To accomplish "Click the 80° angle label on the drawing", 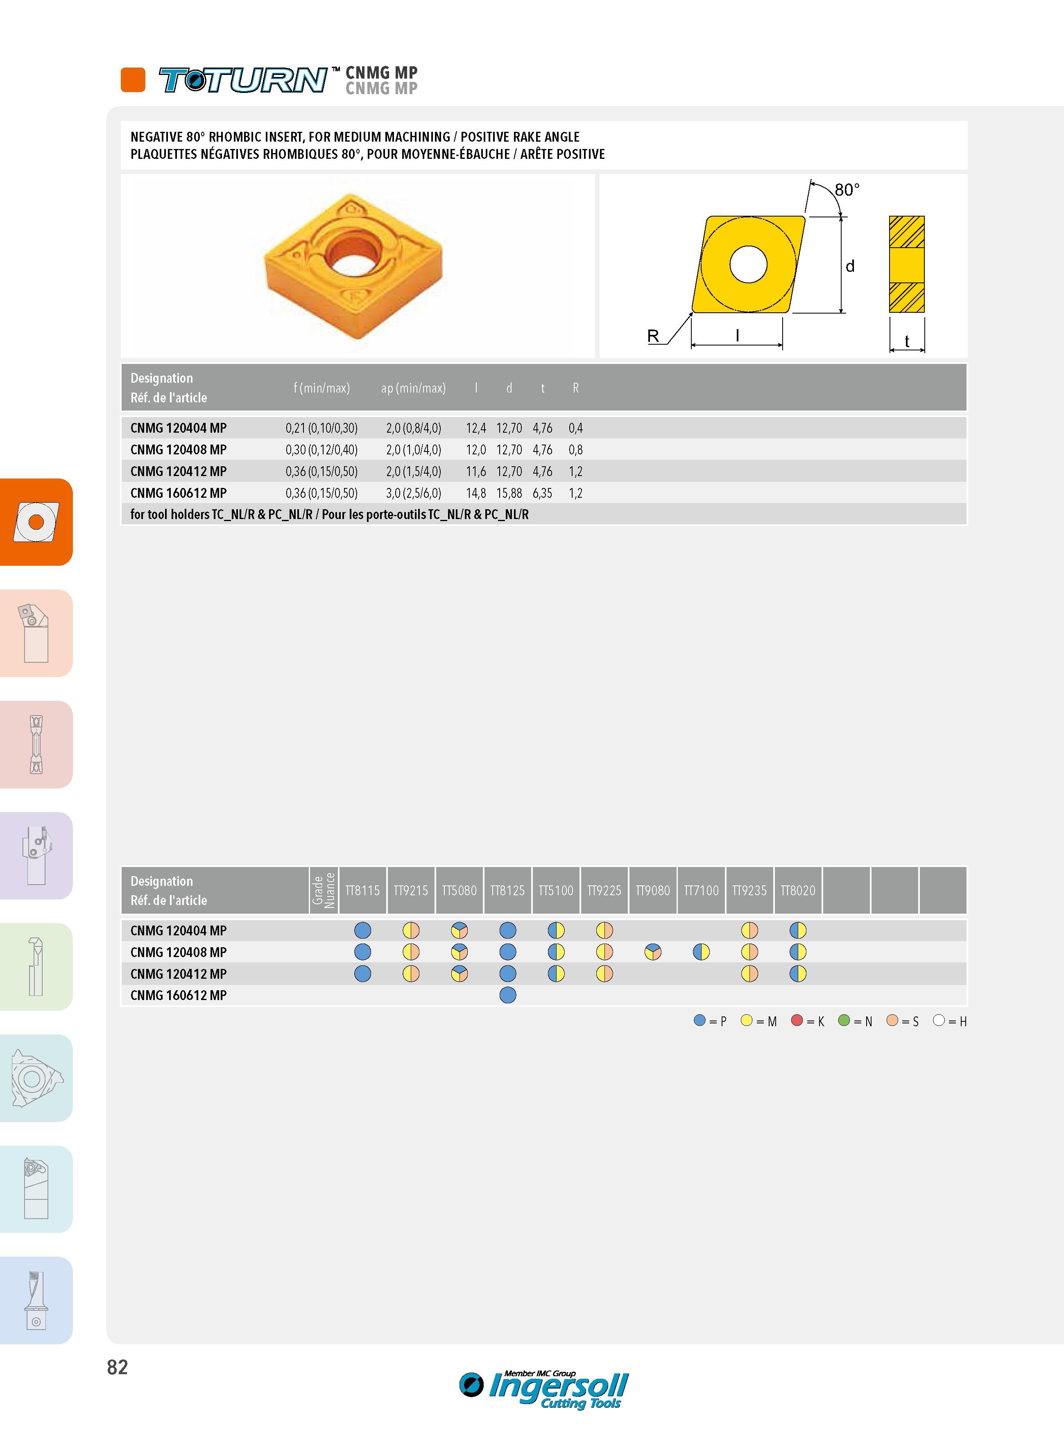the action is [847, 190].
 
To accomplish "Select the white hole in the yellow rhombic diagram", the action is [748, 264].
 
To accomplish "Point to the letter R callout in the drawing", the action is [653, 336].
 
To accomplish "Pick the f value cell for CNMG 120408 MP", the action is [321, 450].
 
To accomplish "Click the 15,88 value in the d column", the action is [509, 493].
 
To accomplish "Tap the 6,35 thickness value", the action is [542, 493].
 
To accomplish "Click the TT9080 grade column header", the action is [652, 890].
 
